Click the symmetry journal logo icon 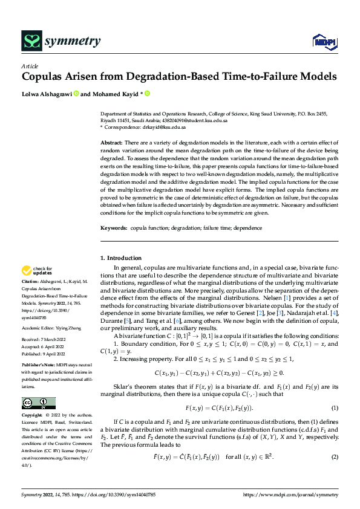[x=31, y=41]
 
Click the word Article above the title [x=30, y=66]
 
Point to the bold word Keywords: [x=114, y=228]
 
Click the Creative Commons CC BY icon [x=39, y=403]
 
